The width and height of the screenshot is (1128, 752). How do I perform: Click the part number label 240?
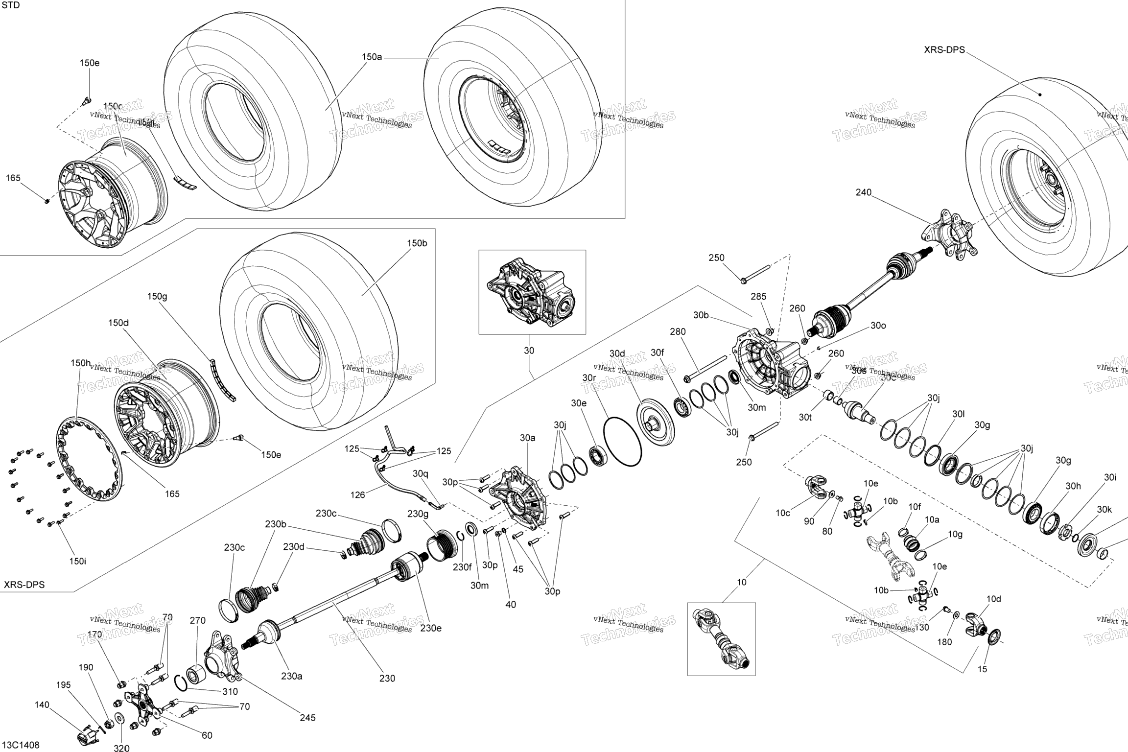864,192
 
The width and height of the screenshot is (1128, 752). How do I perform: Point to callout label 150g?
157,296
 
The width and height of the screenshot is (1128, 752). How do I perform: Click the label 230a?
291,676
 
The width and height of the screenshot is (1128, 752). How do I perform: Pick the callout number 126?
357,495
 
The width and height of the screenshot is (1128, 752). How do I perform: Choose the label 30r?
589,377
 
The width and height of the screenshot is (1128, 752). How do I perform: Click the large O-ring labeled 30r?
623,441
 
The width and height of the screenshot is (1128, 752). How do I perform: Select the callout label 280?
678,331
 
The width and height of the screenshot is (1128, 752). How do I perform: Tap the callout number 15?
982,669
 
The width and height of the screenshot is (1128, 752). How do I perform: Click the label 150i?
77,561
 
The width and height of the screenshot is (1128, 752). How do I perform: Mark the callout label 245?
307,718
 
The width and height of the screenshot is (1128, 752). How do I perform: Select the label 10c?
782,513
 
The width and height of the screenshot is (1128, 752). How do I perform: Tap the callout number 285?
758,296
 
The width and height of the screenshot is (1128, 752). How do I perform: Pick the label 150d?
118,323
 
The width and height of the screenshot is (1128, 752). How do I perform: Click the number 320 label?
121,748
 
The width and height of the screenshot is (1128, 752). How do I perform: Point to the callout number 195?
64,685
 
